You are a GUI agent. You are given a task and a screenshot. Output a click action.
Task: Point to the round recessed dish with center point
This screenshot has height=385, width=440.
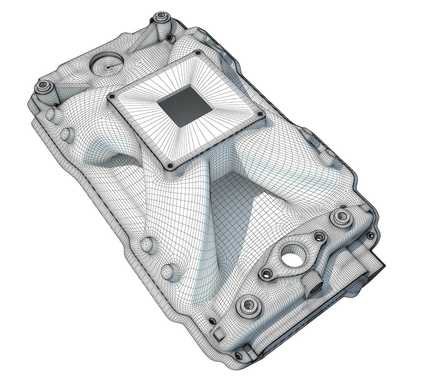[106, 65]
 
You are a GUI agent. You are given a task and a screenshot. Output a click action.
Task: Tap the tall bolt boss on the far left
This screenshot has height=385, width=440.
[44, 87]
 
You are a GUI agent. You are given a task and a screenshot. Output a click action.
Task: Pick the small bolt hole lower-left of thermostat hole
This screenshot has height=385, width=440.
[266, 273]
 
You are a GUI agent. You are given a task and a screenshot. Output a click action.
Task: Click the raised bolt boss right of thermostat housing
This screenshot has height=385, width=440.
[342, 216]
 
